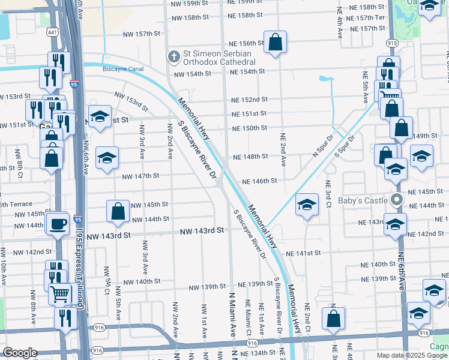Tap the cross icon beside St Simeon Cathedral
[x=173, y=57]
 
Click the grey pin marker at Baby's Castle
[x=396, y=200]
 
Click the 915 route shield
[x=393, y=43]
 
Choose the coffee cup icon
[x=58, y=224]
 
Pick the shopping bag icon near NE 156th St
[x=275, y=43]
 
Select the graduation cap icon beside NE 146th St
[x=307, y=205]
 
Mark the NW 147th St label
[x=140, y=176]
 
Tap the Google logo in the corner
[x=20, y=353]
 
